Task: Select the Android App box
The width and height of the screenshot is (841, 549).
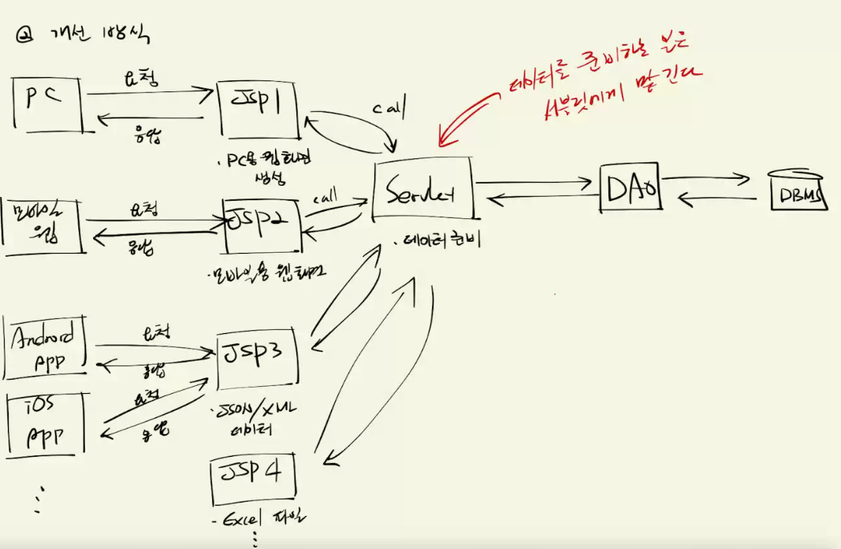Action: [47, 347]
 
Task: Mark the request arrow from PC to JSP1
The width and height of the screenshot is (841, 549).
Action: [150, 93]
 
